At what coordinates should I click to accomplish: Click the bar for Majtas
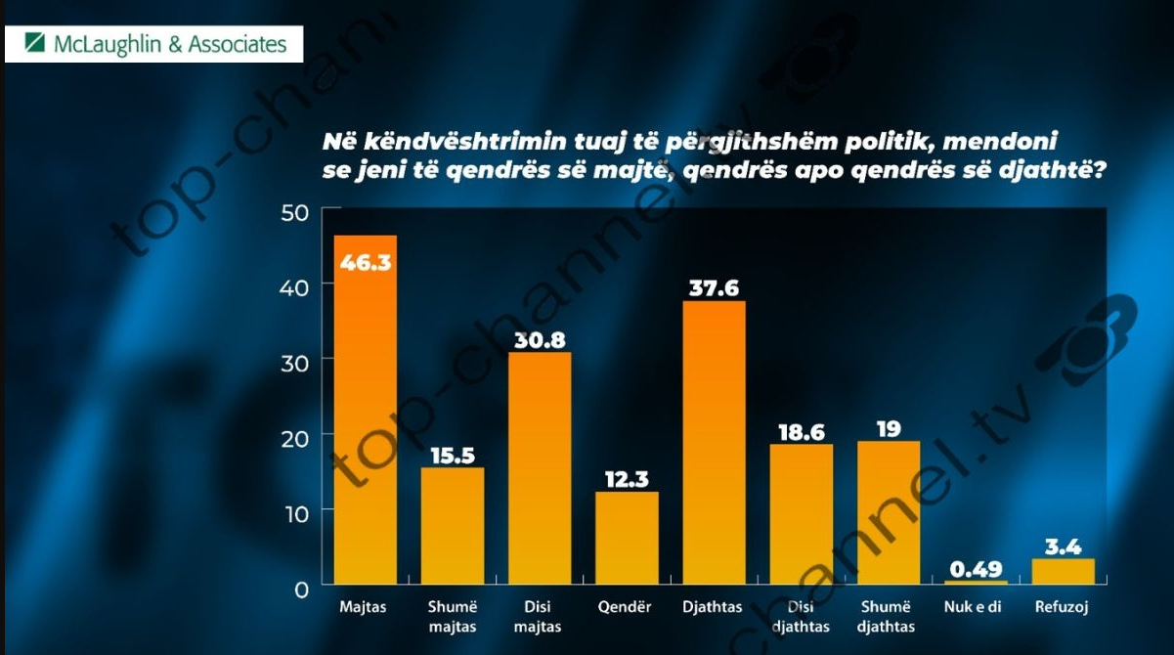point(366,411)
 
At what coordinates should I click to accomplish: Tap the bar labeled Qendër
point(627,538)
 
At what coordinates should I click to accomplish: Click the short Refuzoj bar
point(1063,572)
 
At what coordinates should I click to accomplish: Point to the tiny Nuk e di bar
point(976,584)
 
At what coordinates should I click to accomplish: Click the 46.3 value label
point(366,261)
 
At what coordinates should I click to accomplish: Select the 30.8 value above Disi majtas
point(539,340)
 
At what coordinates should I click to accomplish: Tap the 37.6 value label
point(714,288)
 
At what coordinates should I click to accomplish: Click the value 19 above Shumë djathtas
point(889,429)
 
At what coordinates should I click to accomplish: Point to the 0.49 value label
point(976,568)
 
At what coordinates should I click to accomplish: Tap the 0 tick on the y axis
point(301,589)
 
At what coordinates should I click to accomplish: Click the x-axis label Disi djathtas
point(801,617)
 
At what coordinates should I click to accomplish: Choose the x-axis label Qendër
point(626,607)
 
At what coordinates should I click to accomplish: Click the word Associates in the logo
point(238,44)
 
